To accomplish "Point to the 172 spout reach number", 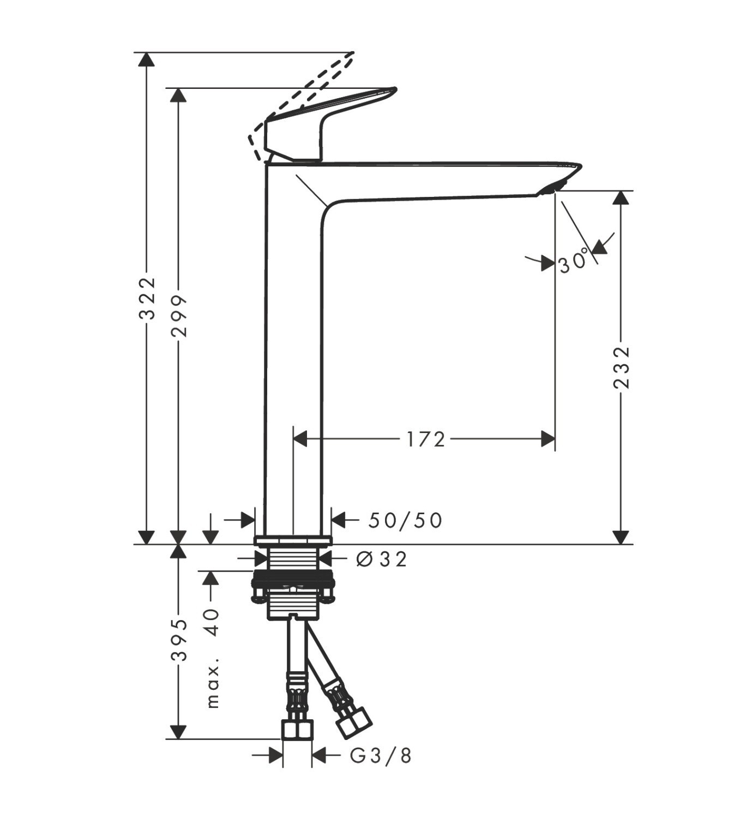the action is tap(426, 440).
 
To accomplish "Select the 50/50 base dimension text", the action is tap(405, 521).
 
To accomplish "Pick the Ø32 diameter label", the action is tap(381, 560).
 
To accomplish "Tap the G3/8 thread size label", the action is tap(381, 756).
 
